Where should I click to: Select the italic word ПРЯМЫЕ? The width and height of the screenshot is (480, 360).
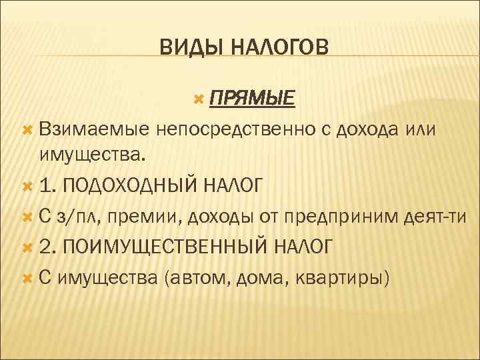pyautogui.click(x=251, y=99)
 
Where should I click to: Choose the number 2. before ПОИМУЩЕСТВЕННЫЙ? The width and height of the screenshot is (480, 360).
pyautogui.click(x=47, y=247)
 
